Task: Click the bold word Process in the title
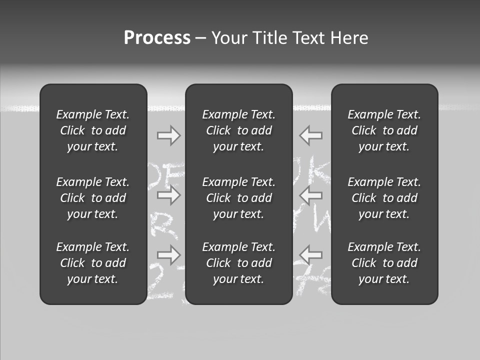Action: coord(157,38)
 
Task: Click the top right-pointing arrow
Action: coord(168,135)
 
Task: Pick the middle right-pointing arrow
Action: coord(168,195)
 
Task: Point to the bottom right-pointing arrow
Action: coord(168,254)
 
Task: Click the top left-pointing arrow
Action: coord(311,135)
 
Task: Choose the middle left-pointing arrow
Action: coord(311,195)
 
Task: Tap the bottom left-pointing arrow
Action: coord(311,254)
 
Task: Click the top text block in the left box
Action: coord(93,130)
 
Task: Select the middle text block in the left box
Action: coord(93,198)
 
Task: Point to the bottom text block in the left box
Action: coord(93,263)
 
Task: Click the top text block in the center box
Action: coord(238,130)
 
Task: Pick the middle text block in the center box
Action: coord(238,198)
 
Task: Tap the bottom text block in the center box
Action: coord(238,263)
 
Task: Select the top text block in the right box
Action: coord(384,130)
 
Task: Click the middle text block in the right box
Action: coord(384,198)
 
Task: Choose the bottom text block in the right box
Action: coord(384,263)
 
